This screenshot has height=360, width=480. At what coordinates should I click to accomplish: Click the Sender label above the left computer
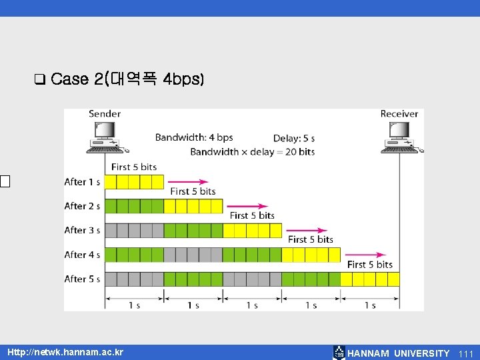[x=105, y=114]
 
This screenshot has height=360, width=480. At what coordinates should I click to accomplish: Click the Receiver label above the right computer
[x=399, y=114]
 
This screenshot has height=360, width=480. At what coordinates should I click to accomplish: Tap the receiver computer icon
[x=400, y=137]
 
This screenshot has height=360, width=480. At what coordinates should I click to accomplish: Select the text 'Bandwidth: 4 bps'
[x=194, y=137]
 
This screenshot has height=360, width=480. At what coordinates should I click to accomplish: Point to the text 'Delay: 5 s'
[x=294, y=139]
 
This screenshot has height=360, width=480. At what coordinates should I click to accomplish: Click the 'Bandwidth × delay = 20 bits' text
[x=252, y=152]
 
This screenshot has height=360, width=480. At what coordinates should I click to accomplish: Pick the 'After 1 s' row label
[x=82, y=182]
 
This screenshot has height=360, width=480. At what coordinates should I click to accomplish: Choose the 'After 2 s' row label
[x=82, y=206]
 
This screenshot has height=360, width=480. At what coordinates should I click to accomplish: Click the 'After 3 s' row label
[x=82, y=230]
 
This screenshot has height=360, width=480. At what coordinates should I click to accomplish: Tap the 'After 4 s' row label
[x=82, y=255]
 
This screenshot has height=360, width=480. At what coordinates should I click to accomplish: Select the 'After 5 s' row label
[x=82, y=279]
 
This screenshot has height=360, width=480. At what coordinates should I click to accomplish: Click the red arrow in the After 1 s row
[x=187, y=181]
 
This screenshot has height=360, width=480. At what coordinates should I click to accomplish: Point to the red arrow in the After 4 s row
[x=365, y=255]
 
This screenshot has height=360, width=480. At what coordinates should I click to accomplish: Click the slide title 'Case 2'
[x=127, y=79]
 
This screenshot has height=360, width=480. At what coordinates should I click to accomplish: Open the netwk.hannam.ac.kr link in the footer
[x=65, y=352]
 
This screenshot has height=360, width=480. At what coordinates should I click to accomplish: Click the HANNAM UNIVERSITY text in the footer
[x=398, y=353]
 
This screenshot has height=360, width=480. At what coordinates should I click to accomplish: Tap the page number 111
[x=465, y=353]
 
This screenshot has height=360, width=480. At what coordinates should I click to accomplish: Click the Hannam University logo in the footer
[x=339, y=353]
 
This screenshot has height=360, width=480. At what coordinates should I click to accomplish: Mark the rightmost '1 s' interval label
[x=370, y=305]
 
